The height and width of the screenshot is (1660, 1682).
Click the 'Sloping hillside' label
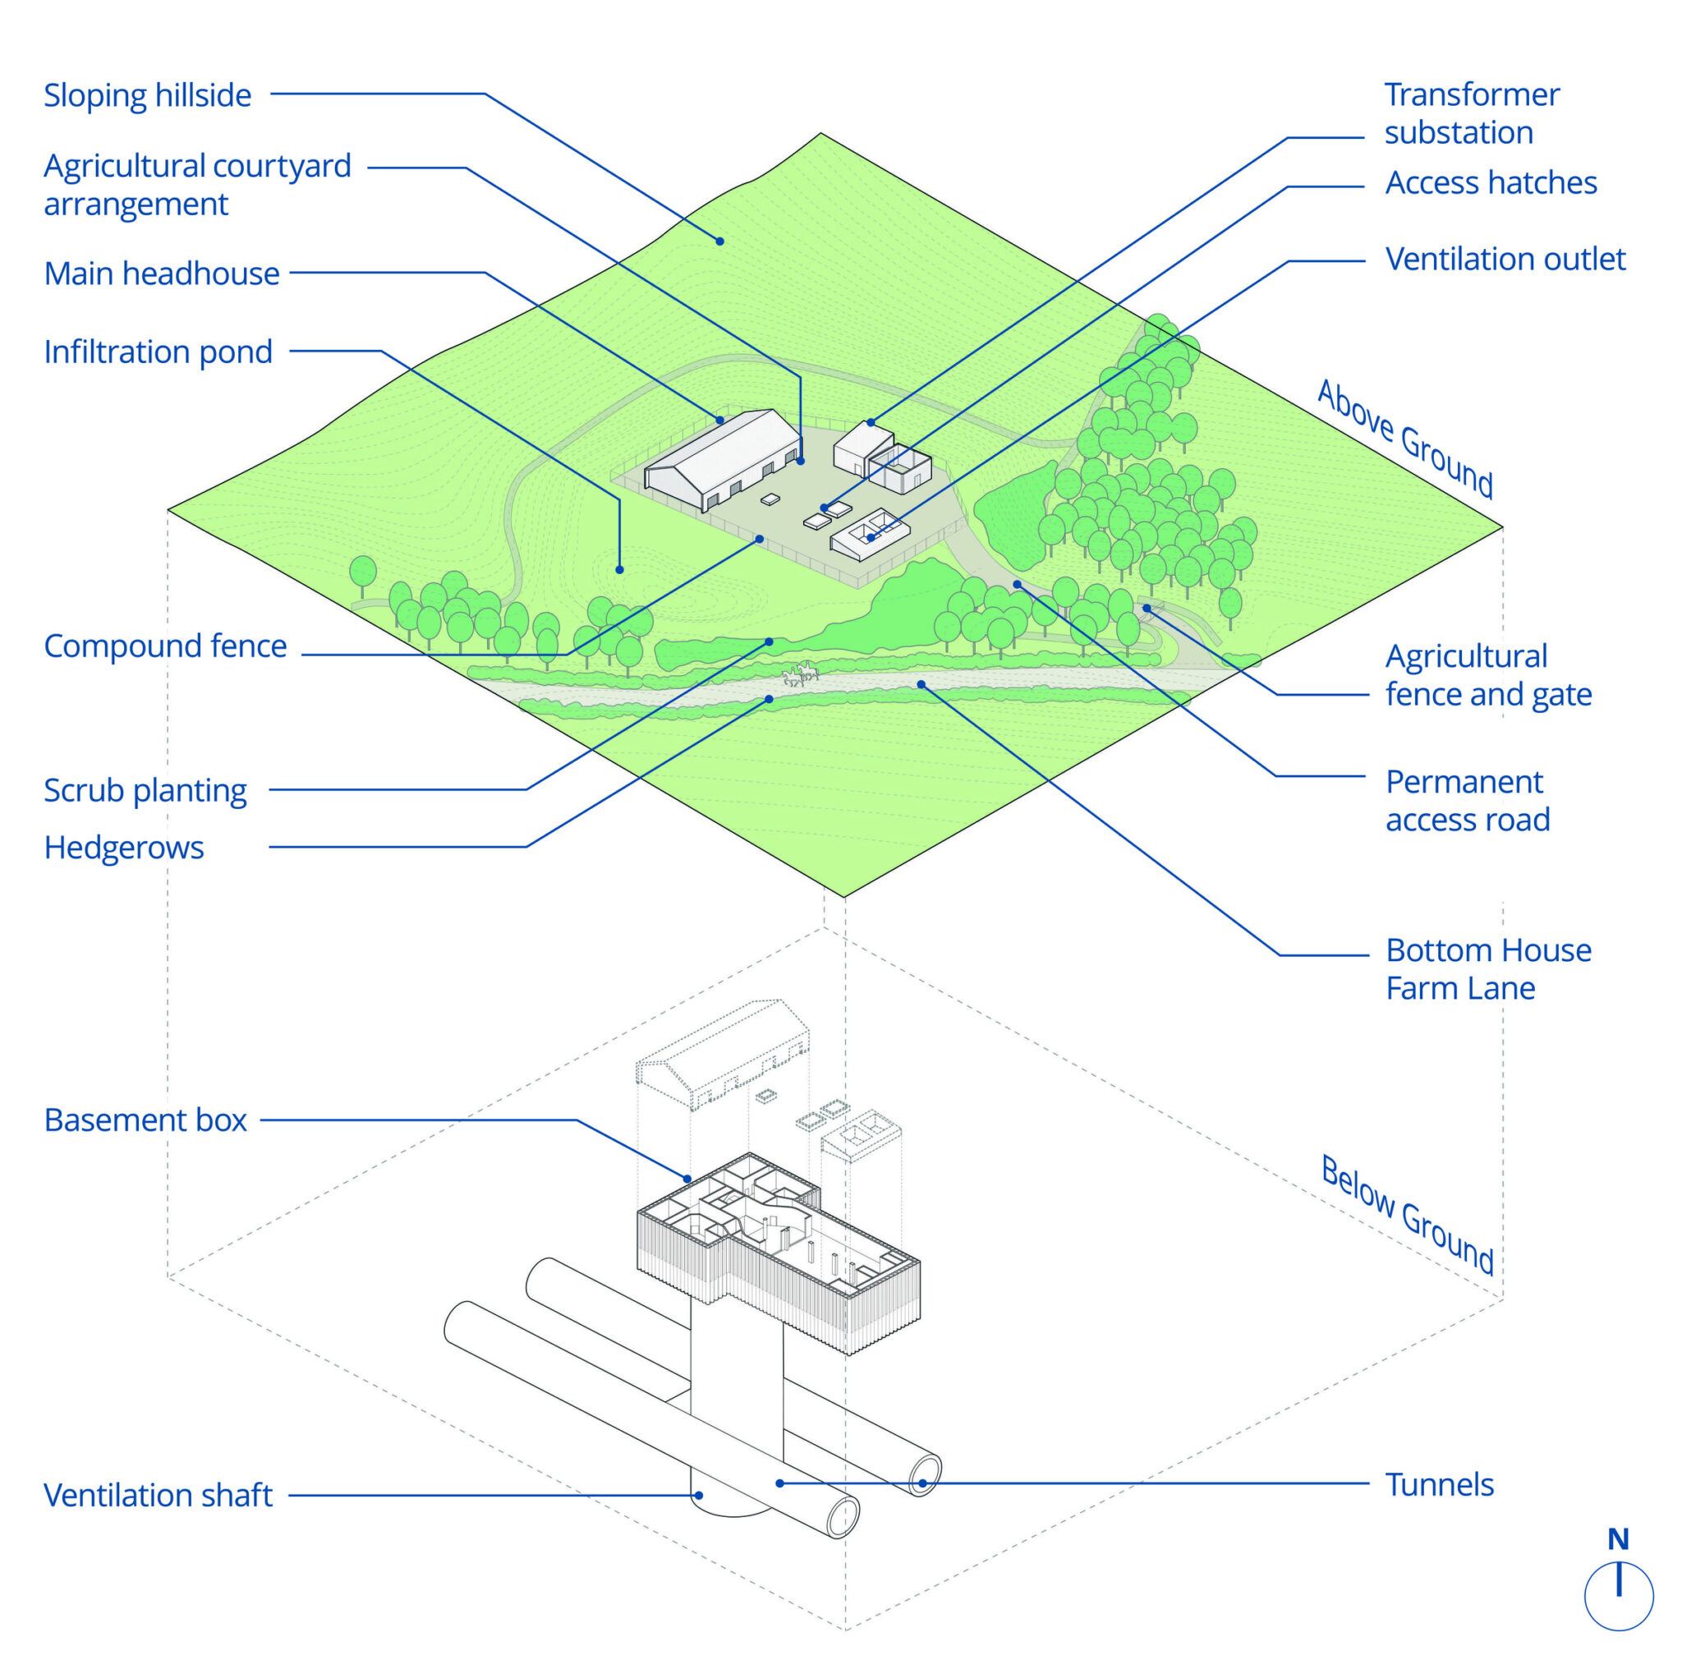[x=147, y=96]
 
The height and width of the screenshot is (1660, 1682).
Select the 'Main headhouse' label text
[x=162, y=274]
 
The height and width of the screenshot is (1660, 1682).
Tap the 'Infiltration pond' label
[x=158, y=352]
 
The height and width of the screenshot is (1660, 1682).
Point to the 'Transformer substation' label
[x=1470, y=113]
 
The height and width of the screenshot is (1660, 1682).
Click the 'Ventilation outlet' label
[x=1505, y=260]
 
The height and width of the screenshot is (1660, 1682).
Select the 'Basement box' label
[x=145, y=1120]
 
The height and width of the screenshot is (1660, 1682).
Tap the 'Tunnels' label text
[x=1438, y=1484]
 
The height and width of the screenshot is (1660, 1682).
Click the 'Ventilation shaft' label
[x=158, y=1495]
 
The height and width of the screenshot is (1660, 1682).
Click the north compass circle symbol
[x=1618, y=1596]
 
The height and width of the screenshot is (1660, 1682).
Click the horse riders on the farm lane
[x=800, y=674]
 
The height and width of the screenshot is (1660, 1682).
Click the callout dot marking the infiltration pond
[x=620, y=569]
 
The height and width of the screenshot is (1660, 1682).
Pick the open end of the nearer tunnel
[x=842, y=1519]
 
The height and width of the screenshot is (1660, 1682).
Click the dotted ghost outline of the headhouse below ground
[x=723, y=1053]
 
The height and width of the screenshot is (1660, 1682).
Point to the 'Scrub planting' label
[x=145, y=790]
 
